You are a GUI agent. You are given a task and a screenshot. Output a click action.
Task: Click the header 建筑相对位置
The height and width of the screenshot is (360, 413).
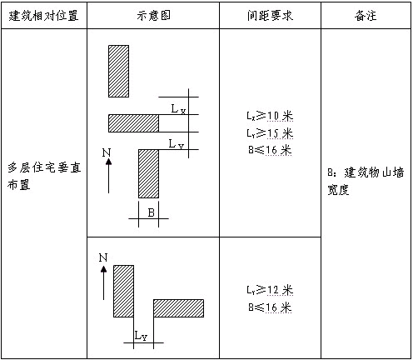(x=43, y=15)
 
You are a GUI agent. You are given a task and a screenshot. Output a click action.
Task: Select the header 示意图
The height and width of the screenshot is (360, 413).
(x=153, y=15)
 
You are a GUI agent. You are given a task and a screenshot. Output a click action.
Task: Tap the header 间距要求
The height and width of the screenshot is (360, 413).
(x=270, y=15)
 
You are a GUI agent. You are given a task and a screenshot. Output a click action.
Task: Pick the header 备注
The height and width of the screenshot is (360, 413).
(x=366, y=15)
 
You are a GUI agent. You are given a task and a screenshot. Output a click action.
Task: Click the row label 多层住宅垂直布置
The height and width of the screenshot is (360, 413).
(x=44, y=176)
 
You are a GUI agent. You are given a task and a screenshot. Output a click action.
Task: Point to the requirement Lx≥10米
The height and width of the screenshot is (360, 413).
(x=270, y=116)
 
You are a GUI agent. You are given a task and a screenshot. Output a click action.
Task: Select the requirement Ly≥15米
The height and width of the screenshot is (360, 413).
(x=270, y=133)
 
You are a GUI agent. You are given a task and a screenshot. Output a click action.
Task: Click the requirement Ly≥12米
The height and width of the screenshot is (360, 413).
(x=270, y=290)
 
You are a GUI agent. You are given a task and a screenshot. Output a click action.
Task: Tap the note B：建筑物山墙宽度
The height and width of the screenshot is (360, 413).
(x=366, y=181)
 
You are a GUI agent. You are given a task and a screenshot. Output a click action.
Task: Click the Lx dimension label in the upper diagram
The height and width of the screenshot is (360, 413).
(x=178, y=109)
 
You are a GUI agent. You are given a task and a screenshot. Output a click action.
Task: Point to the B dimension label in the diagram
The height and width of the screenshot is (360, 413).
(x=152, y=212)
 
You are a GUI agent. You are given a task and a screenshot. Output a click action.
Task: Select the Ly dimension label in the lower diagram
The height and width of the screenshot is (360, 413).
(x=141, y=336)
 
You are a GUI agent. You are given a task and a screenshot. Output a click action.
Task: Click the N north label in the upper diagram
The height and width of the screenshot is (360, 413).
(x=107, y=152)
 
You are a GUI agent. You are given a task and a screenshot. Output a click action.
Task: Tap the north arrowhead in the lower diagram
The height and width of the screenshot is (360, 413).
(x=103, y=269)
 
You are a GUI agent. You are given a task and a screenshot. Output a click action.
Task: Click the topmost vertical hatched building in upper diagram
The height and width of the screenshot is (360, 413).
(x=118, y=71)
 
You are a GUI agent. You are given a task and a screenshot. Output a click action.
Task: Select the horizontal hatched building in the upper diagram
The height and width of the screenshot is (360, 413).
(x=133, y=123)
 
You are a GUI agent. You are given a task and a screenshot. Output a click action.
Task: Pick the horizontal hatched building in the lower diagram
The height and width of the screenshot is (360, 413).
(x=178, y=308)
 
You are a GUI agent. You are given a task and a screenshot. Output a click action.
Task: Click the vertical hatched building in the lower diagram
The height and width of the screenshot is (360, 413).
(x=123, y=291)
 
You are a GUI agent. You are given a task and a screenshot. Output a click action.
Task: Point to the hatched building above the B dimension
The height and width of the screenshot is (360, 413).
(x=148, y=173)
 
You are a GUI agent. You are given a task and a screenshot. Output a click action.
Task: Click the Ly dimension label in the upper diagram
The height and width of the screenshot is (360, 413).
(x=177, y=144)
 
